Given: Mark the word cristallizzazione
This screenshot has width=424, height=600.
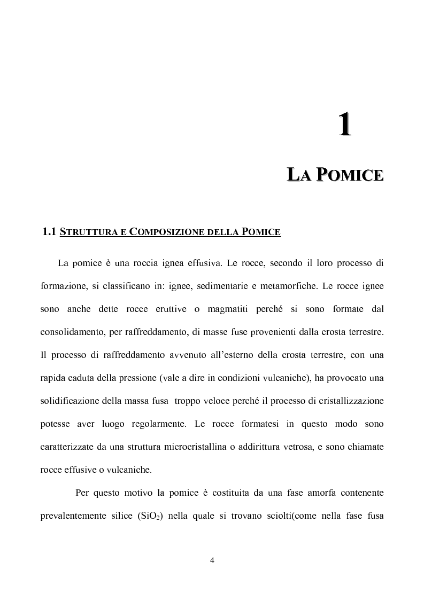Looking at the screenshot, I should tap(350, 401).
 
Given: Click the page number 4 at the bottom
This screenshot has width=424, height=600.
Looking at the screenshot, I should tap(212, 560).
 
